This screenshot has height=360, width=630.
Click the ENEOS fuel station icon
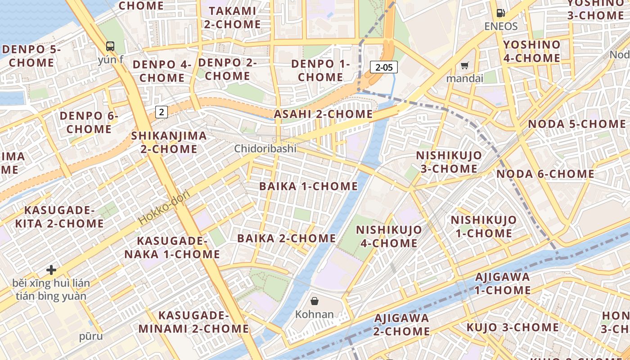pos(500,13)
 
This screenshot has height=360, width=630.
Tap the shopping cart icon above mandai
pos(464,66)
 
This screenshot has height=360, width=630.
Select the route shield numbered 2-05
pos(384,67)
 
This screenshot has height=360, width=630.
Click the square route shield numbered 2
pos(162,112)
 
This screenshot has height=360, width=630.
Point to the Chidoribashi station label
pos(265,148)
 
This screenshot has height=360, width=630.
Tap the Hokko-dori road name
pos(164,207)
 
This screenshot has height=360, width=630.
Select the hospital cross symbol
pos(51,270)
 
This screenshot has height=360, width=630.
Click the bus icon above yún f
pos(110,46)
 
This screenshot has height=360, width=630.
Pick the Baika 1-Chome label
pos(309,186)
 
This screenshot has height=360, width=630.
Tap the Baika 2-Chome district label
pos(287,238)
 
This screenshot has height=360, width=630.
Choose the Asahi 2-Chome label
pos(324,114)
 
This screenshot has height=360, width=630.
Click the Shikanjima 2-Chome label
pos(169,142)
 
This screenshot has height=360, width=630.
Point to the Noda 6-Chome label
pos(545,174)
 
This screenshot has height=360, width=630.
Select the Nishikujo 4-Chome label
pos(389,236)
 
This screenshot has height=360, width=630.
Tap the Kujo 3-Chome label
pos(513,327)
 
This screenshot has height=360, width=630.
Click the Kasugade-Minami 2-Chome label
pos(193,322)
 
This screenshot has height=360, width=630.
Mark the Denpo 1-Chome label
pos(320,70)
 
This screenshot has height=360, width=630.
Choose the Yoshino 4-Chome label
pos(531,51)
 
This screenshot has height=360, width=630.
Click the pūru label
pos(91,336)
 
